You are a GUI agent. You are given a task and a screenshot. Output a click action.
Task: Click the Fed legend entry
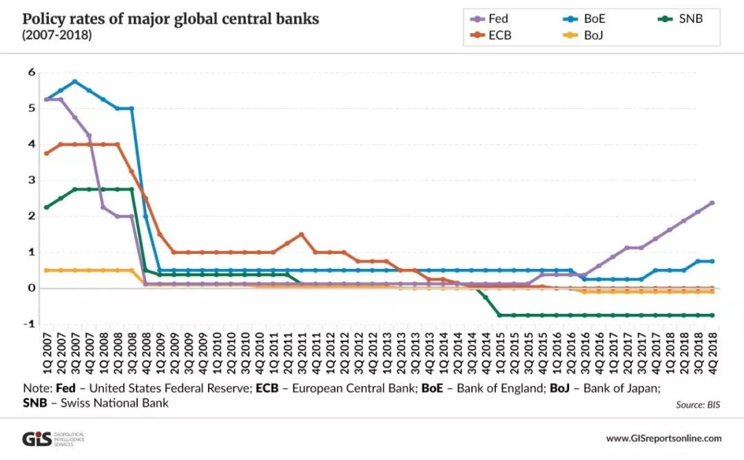(497, 19)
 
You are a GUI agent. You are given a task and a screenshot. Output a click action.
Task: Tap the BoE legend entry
(593, 19)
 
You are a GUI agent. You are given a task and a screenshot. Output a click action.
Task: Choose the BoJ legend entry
(593, 35)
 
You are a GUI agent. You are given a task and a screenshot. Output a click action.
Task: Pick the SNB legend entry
(688, 19)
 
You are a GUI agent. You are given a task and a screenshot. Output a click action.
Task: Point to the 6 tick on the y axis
(31, 72)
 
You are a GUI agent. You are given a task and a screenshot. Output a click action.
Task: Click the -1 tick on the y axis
(30, 324)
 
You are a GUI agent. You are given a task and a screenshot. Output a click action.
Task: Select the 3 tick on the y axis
(31, 180)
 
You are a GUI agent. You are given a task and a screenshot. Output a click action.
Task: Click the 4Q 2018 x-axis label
(712, 354)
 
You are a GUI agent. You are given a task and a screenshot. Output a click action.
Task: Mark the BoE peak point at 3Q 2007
(74, 81)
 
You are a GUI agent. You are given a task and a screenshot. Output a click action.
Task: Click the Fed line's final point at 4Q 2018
(712, 203)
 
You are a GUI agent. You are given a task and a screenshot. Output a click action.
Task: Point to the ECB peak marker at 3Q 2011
(301, 234)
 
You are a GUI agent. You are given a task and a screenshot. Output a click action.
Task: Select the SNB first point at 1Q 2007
(46, 207)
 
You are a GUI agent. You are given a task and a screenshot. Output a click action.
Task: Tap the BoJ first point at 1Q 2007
(46, 270)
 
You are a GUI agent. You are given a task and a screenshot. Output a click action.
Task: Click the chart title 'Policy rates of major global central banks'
(171, 19)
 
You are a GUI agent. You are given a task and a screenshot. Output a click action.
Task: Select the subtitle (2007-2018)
(56, 34)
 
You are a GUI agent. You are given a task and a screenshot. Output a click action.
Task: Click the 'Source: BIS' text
(698, 405)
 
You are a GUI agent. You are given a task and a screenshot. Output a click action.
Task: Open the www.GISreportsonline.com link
(663, 439)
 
